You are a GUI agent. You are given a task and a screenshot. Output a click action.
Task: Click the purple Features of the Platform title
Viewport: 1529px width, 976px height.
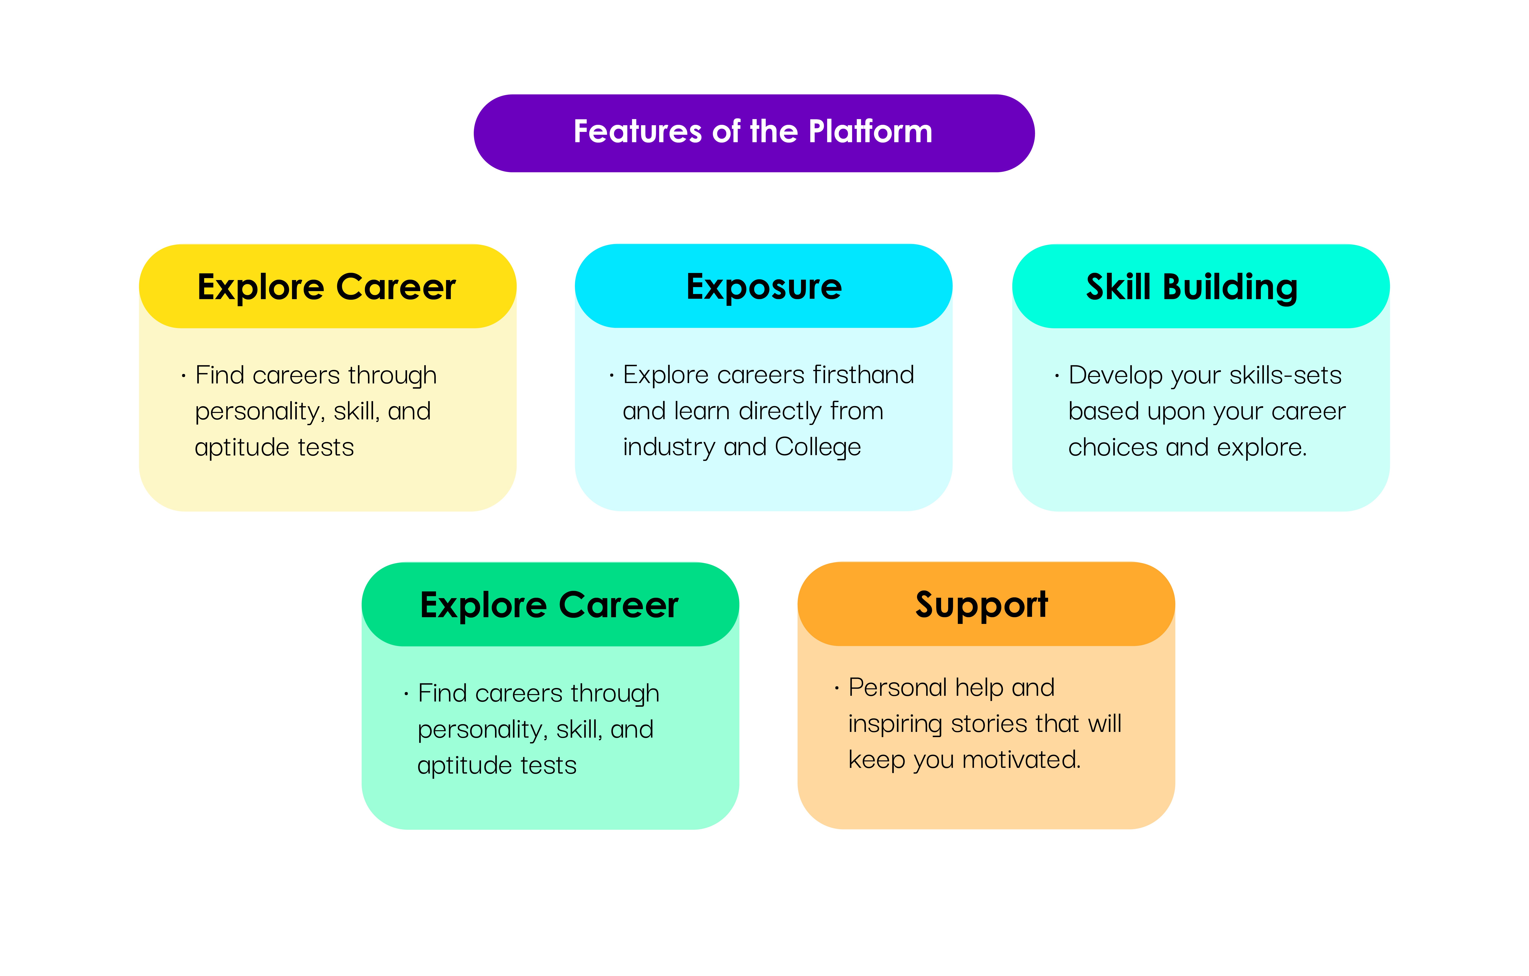(754, 133)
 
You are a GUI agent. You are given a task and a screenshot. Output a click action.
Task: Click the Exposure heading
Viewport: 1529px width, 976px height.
(764, 287)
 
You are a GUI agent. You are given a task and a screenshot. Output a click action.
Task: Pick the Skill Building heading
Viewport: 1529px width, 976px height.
(1192, 287)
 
